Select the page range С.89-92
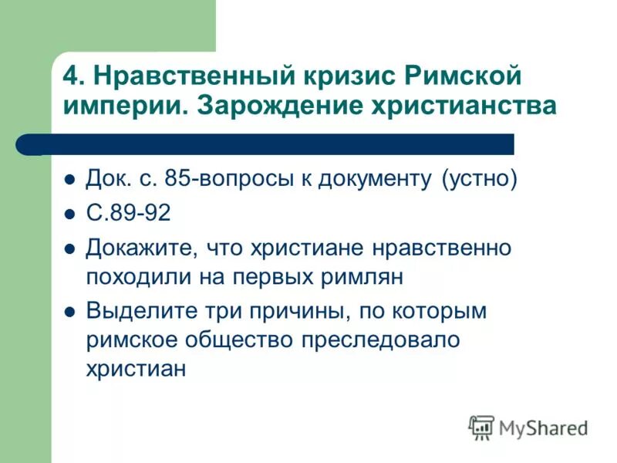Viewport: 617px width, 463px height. tap(129, 214)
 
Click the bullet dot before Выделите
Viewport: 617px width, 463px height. tap(69, 313)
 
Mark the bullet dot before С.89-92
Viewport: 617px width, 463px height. tap(69, 215)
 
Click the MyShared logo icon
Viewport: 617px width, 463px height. tap(481, 427)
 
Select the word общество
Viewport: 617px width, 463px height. tap(221, 340)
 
